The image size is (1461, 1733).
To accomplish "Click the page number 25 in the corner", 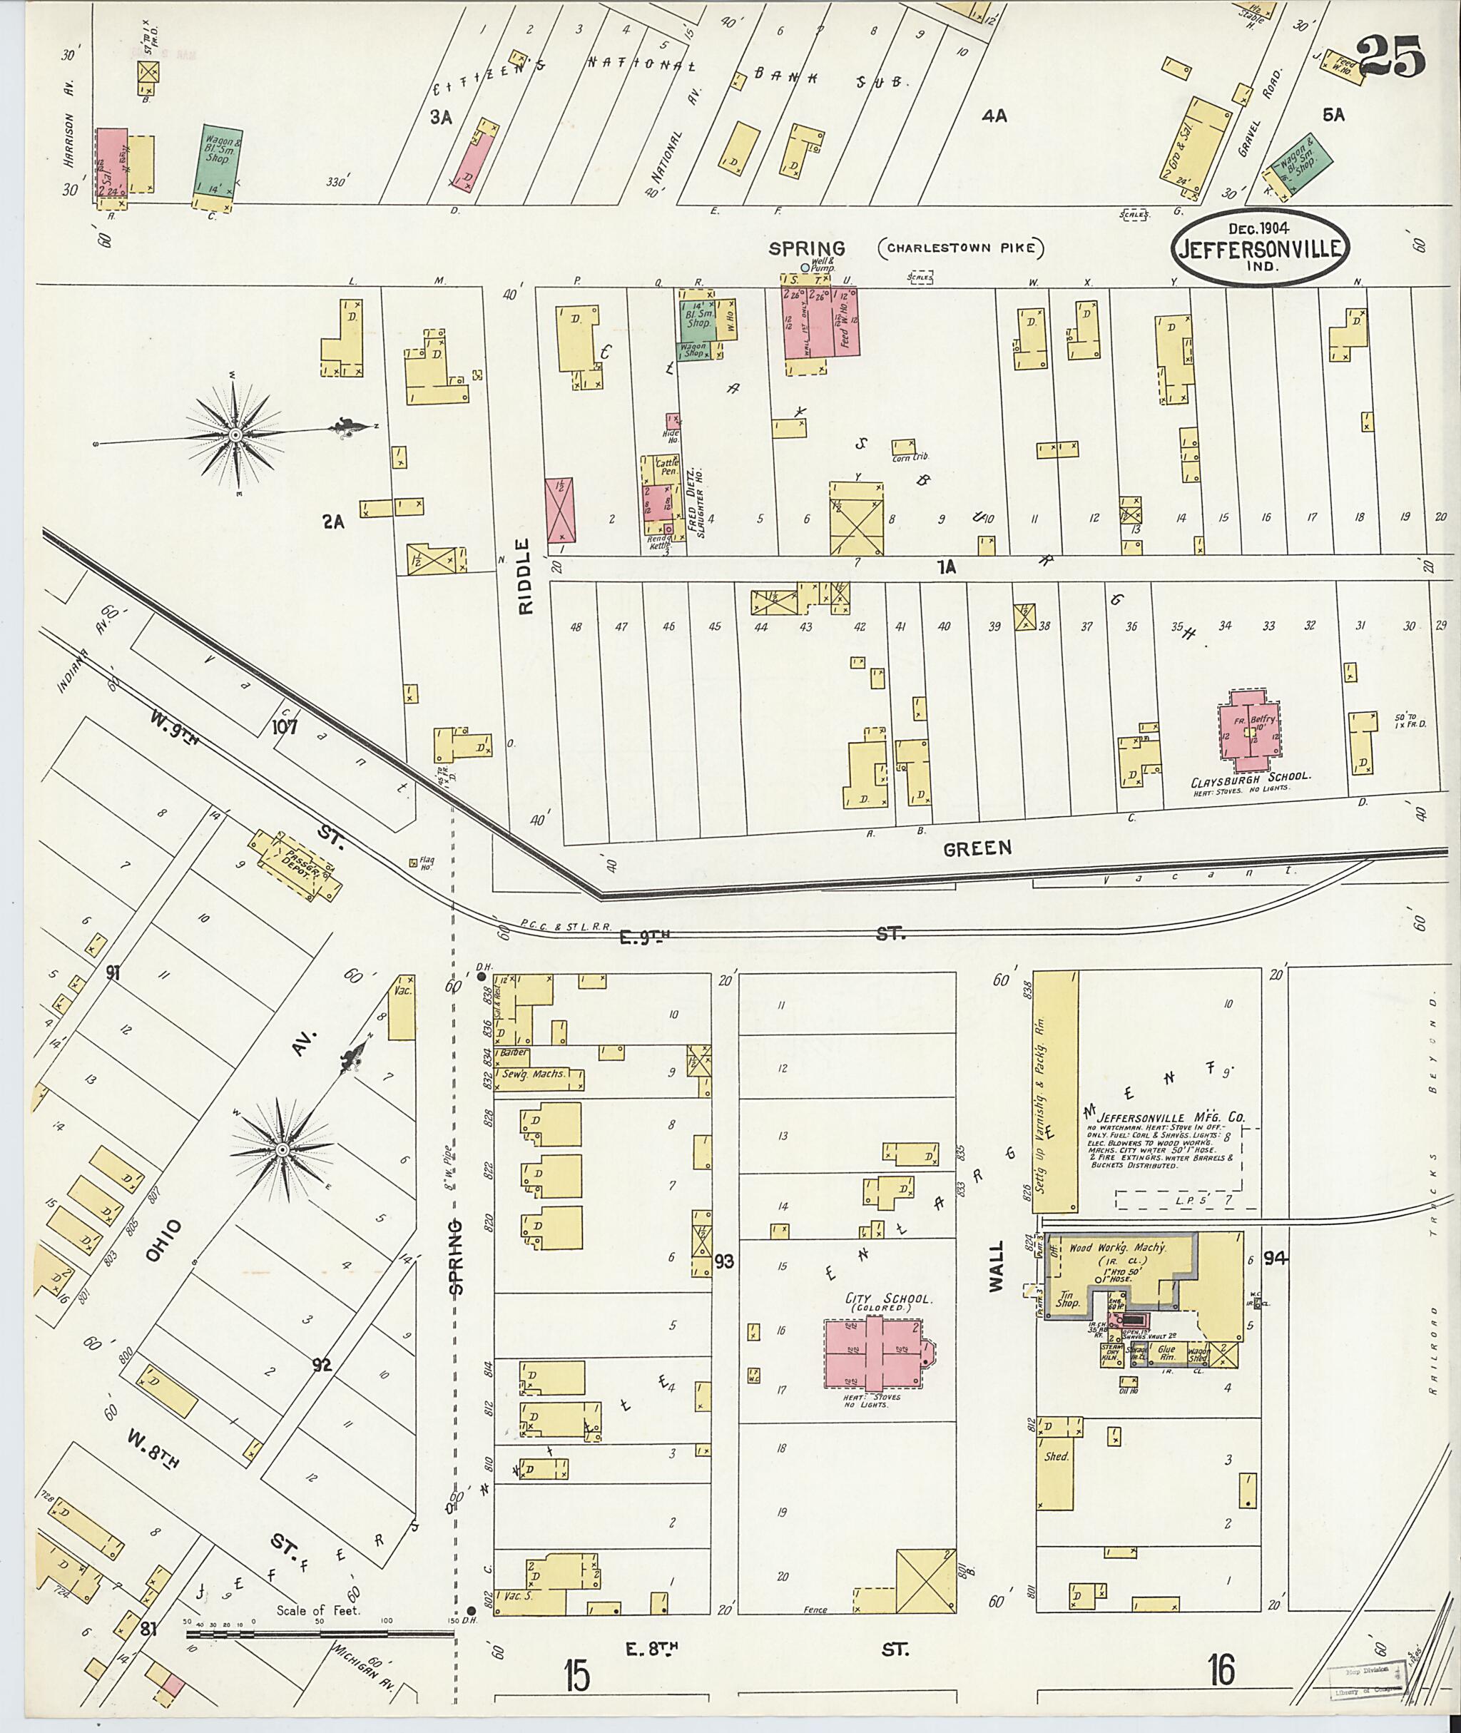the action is (x=1390, y=57).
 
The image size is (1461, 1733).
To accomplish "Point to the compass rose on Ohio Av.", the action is (x=282, y=1150).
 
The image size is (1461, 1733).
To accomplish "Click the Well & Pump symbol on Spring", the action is (x=803, y=267).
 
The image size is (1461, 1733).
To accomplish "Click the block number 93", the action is (x=725, y=1261).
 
